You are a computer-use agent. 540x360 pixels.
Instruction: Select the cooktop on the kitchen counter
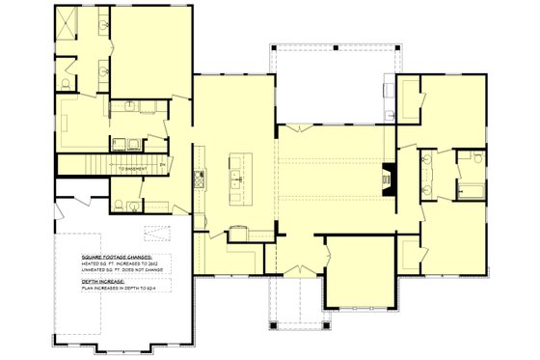(200, 177)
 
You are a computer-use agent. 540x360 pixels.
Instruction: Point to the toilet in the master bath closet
(65, 85)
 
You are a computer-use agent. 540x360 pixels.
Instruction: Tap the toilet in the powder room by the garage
(116, 205)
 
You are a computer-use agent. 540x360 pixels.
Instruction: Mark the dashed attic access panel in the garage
(155, 232)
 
